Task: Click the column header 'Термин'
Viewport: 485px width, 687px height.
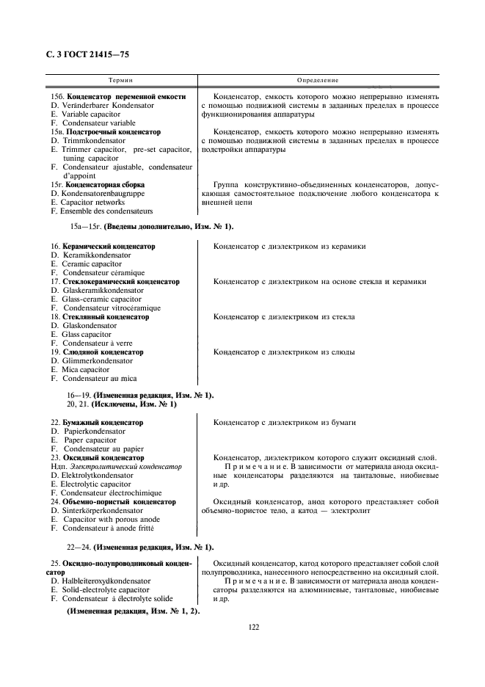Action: [x=120, y=79]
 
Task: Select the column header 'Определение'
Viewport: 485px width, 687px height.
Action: [x=317, y=79]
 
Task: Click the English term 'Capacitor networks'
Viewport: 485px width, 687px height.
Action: [x=93, y=203]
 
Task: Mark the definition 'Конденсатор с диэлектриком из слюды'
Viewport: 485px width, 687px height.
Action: [x=284, y=352]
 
